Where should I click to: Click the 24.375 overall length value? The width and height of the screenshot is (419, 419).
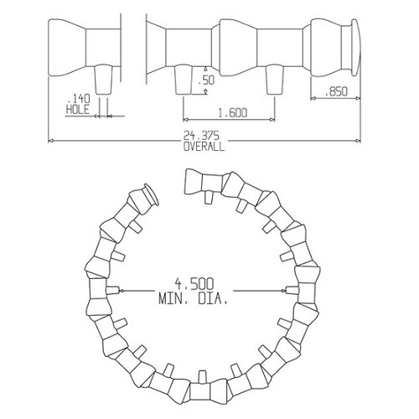201,136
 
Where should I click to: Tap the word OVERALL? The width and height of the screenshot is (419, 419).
204,147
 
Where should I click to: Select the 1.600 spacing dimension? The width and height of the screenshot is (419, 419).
232,113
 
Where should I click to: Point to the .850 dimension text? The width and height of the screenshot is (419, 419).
336,91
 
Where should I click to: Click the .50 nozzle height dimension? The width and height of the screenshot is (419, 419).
206,80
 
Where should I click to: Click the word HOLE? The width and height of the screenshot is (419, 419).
78,109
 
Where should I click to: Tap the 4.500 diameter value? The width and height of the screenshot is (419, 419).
194,284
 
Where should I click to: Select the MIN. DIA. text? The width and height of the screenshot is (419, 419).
193,298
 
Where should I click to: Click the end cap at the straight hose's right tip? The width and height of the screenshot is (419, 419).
355,48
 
